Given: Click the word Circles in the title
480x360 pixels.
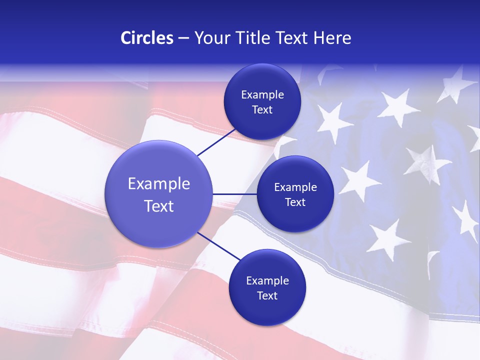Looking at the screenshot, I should (x=146, y=38).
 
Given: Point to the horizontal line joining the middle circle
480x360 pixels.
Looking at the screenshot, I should (x=234, y=194).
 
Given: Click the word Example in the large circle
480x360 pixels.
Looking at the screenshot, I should (x=159, y=183).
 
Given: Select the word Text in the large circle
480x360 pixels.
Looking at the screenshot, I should (x=159, y=205).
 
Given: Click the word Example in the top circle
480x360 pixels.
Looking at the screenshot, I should (x=262, y=95).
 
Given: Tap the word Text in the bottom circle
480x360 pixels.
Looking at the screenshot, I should (x=267, y=295).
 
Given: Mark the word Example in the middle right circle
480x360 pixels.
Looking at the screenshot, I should (x=295, y=187).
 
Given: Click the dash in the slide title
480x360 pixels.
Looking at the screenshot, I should (x=183, y=38).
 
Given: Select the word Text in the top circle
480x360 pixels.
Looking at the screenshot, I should (x=262, y=109).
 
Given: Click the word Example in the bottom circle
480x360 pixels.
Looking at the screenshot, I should (x=267, y=281).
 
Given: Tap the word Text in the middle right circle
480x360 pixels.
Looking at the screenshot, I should (x=295, y=202).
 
